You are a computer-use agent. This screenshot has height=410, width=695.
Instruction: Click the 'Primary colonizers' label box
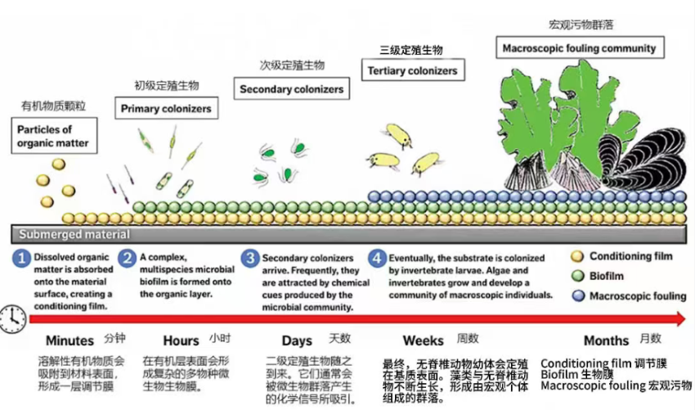(x=166, y=108)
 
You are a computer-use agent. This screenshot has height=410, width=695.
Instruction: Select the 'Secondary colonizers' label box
(x=291, y=88)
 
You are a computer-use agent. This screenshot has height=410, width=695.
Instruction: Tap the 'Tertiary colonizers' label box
(x=412, y=71)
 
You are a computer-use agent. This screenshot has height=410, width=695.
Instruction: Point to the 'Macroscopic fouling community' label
(x=579, y=48)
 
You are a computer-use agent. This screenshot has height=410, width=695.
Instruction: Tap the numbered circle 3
(x=249, y=258)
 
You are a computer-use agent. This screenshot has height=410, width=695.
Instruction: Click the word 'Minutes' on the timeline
(x=69, y=340)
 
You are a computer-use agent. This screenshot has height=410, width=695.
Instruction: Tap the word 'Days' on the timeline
(x=297, y=340)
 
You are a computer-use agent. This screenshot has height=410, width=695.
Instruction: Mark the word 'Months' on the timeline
(x=606, y=340)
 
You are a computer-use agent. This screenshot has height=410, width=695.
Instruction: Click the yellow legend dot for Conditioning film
(x=578, y=257)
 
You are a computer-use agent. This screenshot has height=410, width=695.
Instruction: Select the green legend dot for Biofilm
(x=578, y=277)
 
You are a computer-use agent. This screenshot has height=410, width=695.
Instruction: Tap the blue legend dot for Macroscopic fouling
(x=578, y=296)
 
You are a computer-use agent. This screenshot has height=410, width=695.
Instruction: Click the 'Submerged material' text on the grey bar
(x=62, y=234)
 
